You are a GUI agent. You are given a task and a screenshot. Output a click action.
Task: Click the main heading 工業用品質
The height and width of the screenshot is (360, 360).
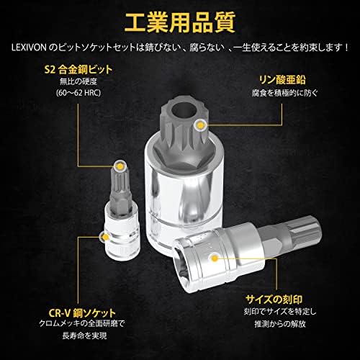pos(179,22)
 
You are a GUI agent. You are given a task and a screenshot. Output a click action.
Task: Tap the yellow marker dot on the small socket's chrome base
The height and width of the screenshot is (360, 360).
pos(104,236)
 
